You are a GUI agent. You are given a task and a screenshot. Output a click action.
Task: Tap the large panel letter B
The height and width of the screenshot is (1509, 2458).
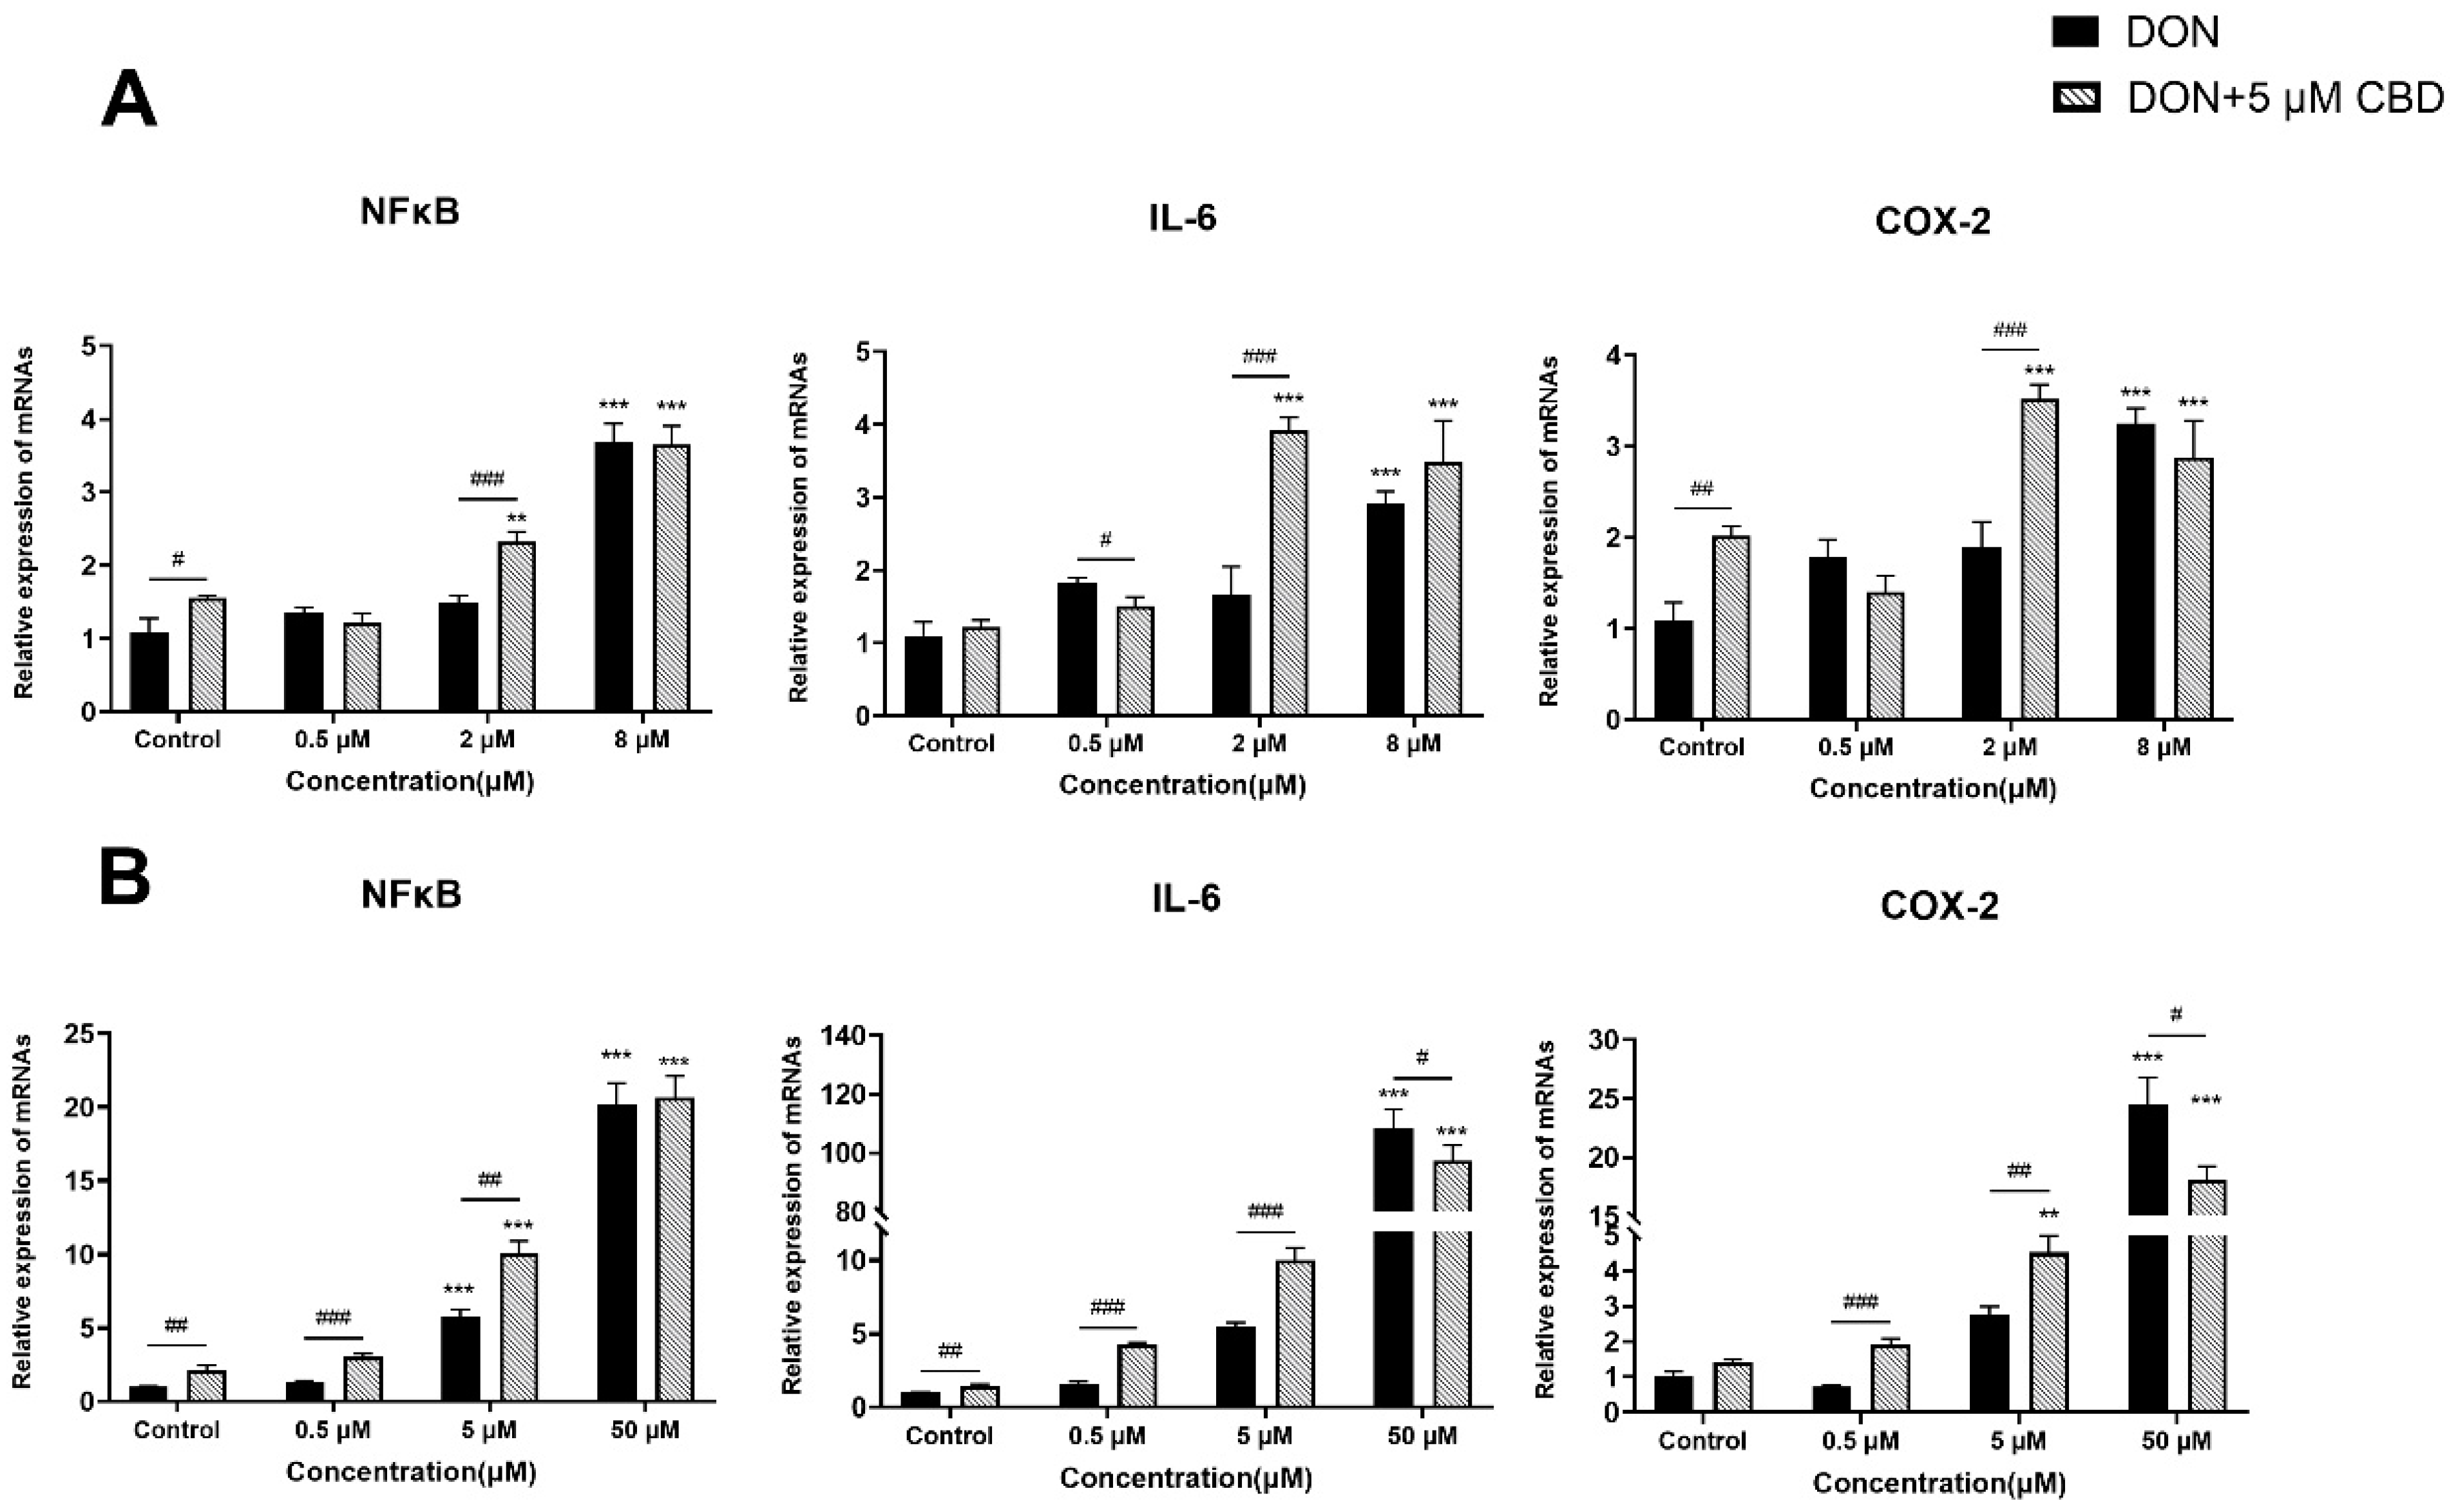point(125,876)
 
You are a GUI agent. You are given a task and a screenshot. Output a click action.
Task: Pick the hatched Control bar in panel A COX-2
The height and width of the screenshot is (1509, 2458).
point(1731,628)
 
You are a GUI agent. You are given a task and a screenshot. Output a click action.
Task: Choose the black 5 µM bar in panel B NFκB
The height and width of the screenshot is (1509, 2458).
point(461,1358)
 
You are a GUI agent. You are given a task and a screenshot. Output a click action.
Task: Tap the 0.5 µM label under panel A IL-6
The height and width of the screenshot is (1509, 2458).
point(1105,744)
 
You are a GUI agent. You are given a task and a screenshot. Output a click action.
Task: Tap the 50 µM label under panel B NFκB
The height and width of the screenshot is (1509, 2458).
point(644,1430)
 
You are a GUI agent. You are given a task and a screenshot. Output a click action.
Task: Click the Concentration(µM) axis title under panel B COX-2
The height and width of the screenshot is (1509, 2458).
point(1939,1483)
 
